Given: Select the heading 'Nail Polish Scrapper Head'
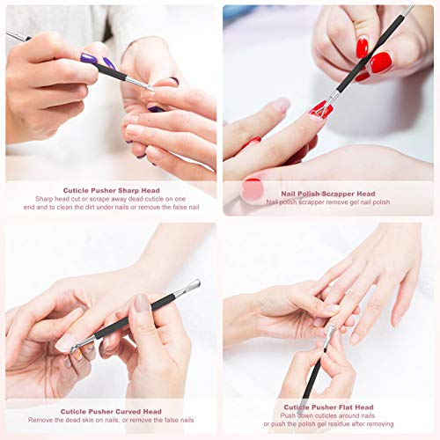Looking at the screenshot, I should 327,193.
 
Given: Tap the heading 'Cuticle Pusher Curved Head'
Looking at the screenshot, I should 111,411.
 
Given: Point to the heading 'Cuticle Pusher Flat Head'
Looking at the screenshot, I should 328,406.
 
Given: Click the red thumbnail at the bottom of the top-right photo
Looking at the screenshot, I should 252,188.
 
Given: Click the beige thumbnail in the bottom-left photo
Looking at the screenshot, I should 142,303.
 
